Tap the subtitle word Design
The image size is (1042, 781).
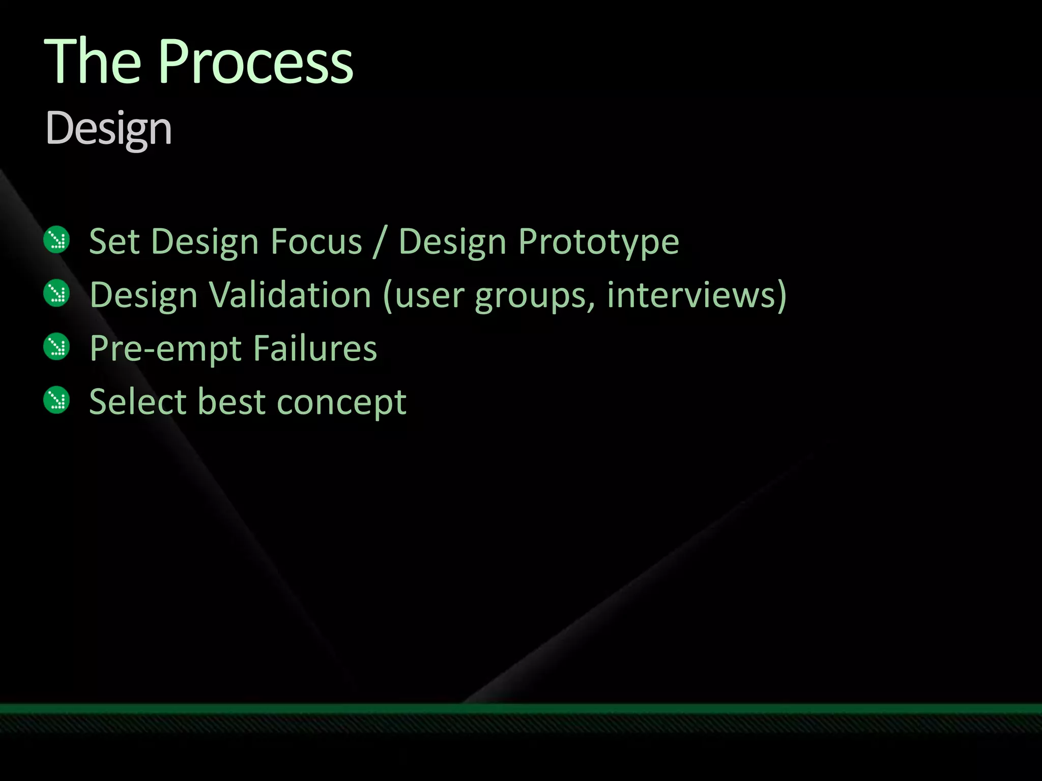pos(108,129)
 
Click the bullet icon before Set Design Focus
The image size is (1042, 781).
pos(56,239)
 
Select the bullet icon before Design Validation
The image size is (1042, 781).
pos(56,293)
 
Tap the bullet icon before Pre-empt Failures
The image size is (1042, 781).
pos(56,347)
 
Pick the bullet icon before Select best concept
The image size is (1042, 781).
pos(56,400)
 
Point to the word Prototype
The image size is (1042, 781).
pos(598,242)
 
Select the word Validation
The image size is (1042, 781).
pos(290,295)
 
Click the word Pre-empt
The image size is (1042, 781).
pos(165,349)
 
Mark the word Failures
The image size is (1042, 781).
pos(315,348)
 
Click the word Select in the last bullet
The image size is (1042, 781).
pos(137,402)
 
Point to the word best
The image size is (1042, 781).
pos(231,402)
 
